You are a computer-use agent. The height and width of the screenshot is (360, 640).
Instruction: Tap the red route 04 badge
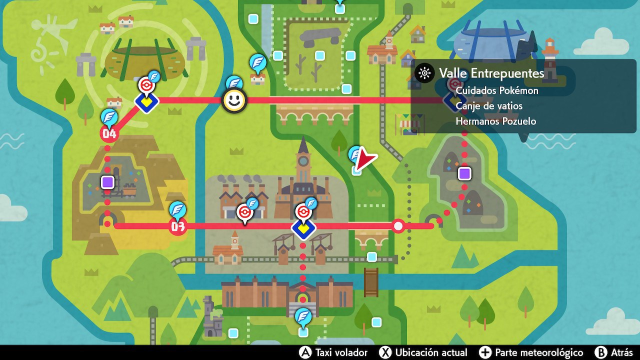pyautogui.click(x=109, y=133)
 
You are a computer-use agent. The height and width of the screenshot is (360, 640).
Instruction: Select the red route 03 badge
pyautogui.click(x=177, y=226)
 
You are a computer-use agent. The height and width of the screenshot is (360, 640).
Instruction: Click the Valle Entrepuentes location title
pyautogui.click(x=491, y=73)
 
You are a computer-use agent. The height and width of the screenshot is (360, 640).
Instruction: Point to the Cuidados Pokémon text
pyautogui.click(x=497, y=90)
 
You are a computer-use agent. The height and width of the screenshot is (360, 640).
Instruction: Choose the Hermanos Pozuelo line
pyautogui.click(x=496, y=121)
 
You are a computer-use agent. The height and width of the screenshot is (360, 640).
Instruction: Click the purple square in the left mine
pyautogui.click(x=107, y=182)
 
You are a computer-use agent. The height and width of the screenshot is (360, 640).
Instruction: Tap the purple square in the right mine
pyautogui.click(x=464, y=173)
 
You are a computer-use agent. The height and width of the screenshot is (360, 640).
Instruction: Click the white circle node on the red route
pyautogui.click(x=398, y=226)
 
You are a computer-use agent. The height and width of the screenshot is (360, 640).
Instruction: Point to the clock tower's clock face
pyautogui.click(x=302, y=162)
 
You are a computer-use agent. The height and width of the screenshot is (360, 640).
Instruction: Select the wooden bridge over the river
pyautogui.click(x=371, y=282)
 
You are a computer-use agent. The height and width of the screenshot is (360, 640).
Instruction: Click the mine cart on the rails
pyautogui.click(x=130, y=189)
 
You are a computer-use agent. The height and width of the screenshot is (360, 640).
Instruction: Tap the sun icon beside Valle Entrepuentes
pyautogui.click(x=424, y=73)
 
